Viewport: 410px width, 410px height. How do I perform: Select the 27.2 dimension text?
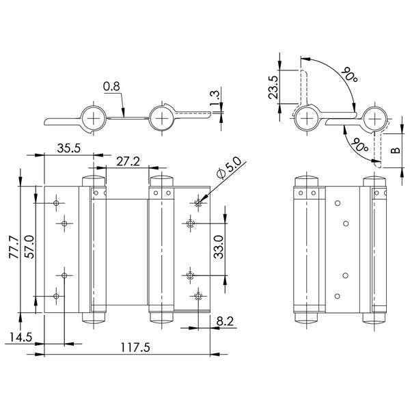pos(128,161)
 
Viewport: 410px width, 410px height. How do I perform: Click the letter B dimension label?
pos(394,148)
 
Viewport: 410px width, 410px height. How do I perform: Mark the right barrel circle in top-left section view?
pos(162,118)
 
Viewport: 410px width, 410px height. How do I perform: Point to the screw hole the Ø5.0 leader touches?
pos(198,202)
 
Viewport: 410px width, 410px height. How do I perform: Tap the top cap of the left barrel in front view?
pos(94,180)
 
